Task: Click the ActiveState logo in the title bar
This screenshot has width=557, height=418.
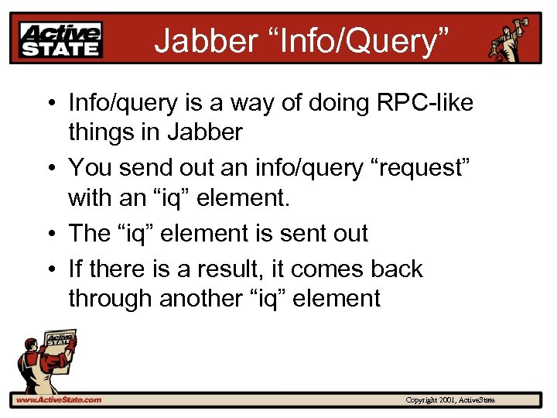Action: pos(61,39)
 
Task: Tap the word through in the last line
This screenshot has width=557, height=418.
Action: pos(111,299)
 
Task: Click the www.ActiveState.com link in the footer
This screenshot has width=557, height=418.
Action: pos(59,400)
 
